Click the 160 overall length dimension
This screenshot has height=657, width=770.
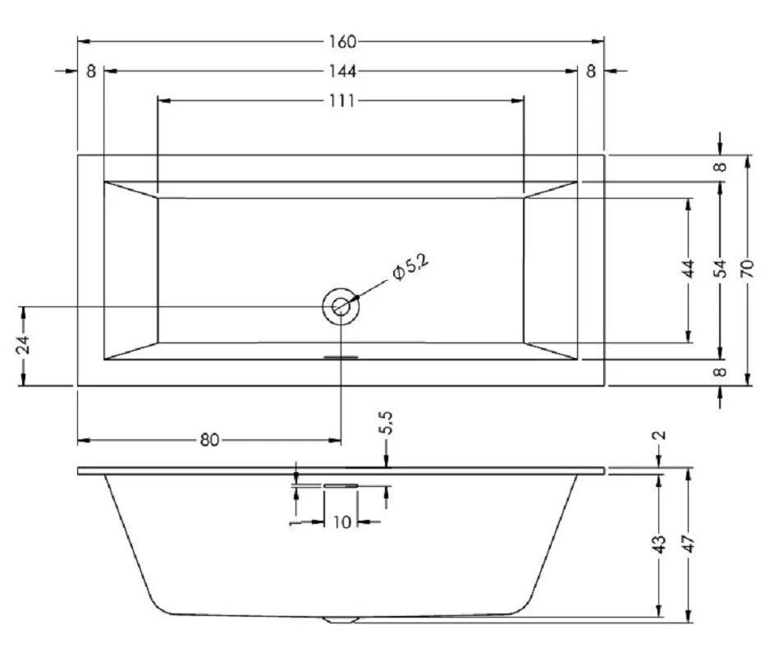coord(341,42)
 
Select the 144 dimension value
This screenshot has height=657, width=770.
coord(341,71)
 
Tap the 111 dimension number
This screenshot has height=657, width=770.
coord(341,101)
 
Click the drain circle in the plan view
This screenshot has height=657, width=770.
coord(341,306)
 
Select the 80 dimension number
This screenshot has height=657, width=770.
coord(209,440)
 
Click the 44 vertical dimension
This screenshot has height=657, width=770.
coord(689,269)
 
